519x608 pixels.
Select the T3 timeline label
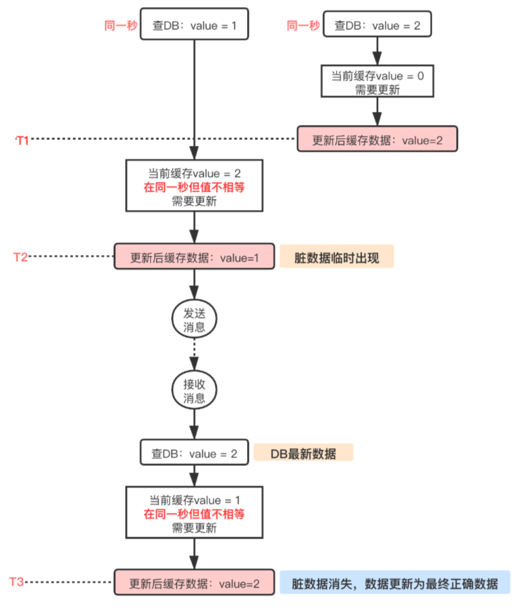(x=17, y=581)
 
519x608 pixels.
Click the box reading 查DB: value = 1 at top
(x=193, y=26)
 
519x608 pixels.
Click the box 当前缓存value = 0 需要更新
(x=376, y=82)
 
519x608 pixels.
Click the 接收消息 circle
(x=194, y=391)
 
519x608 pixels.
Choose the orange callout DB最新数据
(x=303, y=452)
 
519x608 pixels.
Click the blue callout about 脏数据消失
(x=394, y=582)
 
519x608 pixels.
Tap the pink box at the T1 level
(x=376, y=139)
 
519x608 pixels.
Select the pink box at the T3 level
(x=194, y=582)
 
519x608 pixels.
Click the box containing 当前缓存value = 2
(x=194, y=186)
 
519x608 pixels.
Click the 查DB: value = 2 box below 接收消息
(x=194, y=452)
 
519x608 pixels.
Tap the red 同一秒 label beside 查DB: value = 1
(x=120, y=26)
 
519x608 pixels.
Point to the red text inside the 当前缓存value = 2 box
(x=194, y=187)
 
